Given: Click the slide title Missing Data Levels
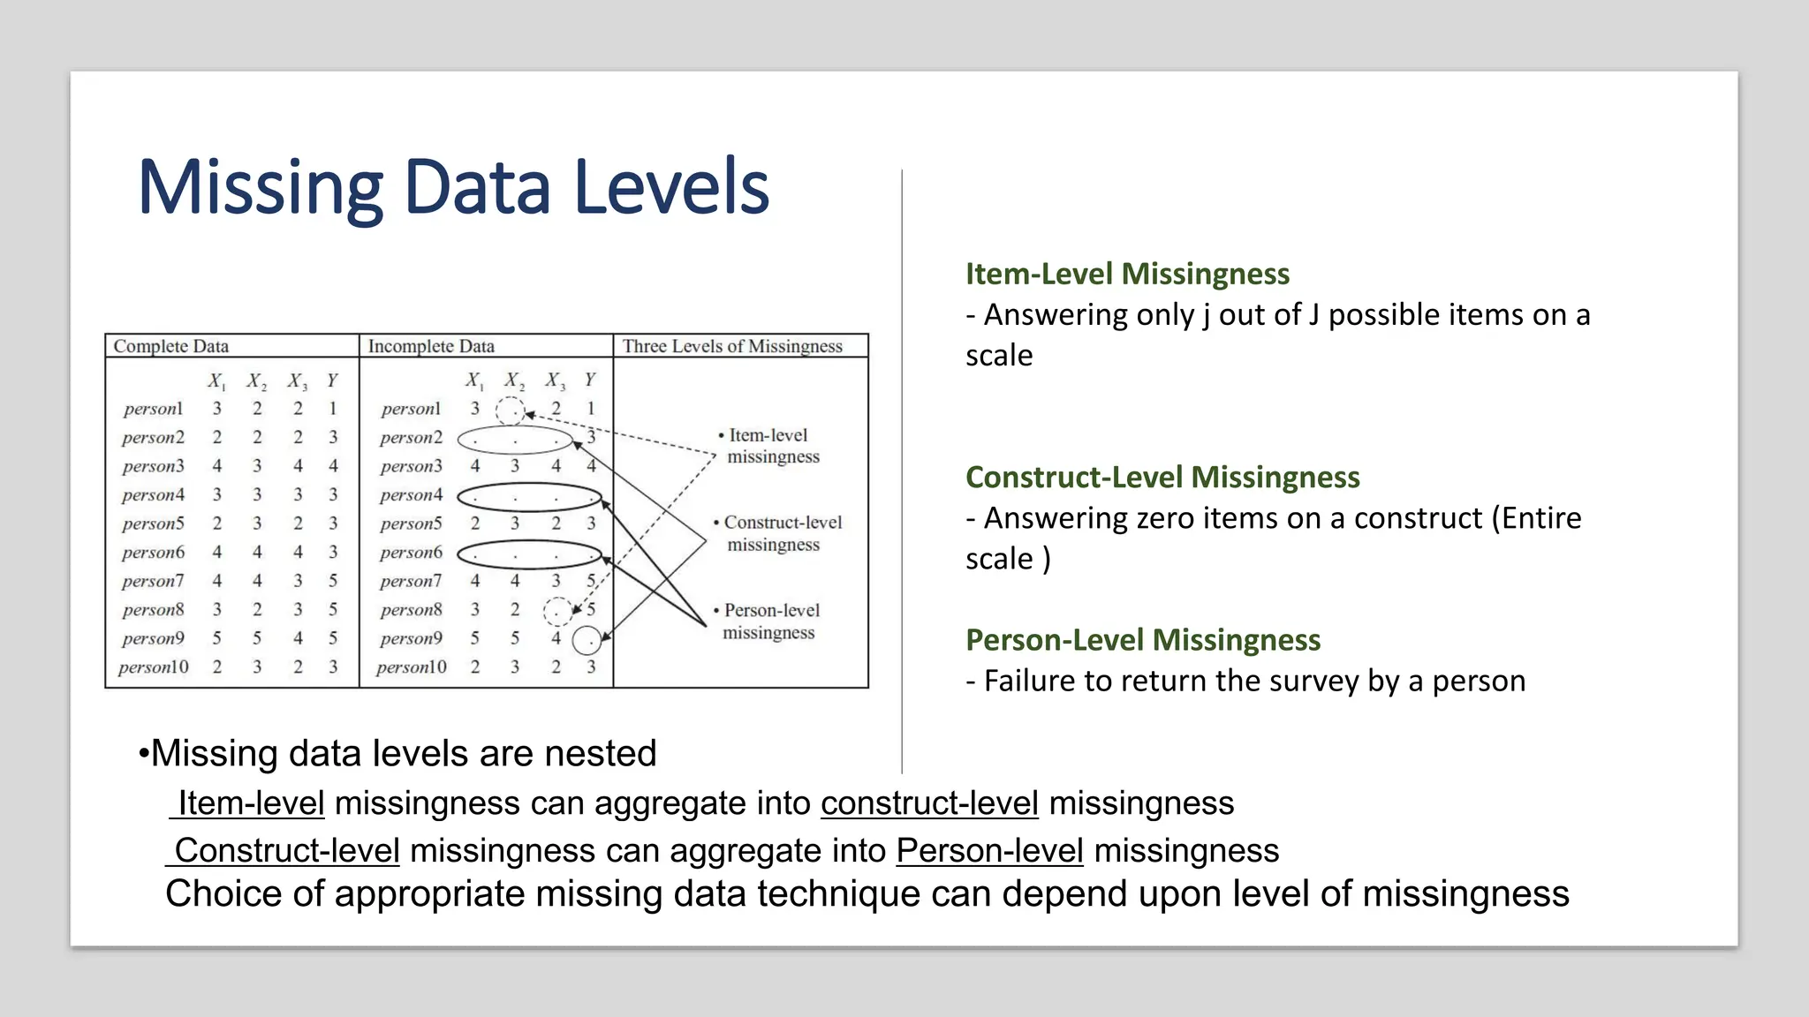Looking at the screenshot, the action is tap(453, 187).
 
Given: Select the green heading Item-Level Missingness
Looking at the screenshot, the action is tap(1127, 274).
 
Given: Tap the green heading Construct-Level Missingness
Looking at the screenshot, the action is tap(1162, 477).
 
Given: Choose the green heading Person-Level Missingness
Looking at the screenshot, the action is tap(1143, 639).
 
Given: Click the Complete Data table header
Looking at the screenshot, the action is tap(171, 346).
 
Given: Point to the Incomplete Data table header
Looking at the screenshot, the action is tap(431, 346).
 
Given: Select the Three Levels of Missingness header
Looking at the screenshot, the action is tap(732, 346).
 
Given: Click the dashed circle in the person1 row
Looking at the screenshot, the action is tap(511, 410).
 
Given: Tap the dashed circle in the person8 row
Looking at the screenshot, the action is tap(556, 610).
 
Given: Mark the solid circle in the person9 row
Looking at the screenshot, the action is tap(587, 640).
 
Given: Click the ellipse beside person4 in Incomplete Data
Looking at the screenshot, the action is tap(529, 497).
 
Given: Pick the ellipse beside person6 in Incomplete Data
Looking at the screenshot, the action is tap(529, 554).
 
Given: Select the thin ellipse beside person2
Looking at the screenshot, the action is tap(515, 439).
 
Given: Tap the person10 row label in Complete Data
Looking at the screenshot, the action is tap(154, 667).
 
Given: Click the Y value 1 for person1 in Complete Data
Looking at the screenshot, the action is tap(333, 409).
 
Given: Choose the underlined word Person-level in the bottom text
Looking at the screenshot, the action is tap(989, 850).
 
